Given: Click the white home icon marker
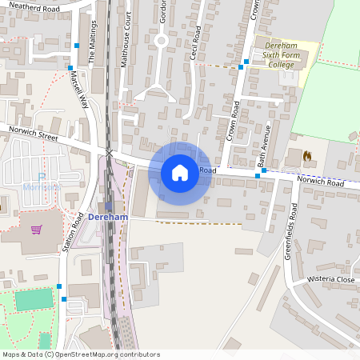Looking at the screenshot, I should click(180, 172).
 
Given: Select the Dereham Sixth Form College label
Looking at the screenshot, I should click(281, 56).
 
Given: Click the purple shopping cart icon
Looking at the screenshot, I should click(36, 229).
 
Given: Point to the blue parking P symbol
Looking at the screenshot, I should click(42, 177).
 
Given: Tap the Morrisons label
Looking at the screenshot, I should click(42, 186).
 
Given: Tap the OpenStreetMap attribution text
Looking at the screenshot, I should click(80, 354).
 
